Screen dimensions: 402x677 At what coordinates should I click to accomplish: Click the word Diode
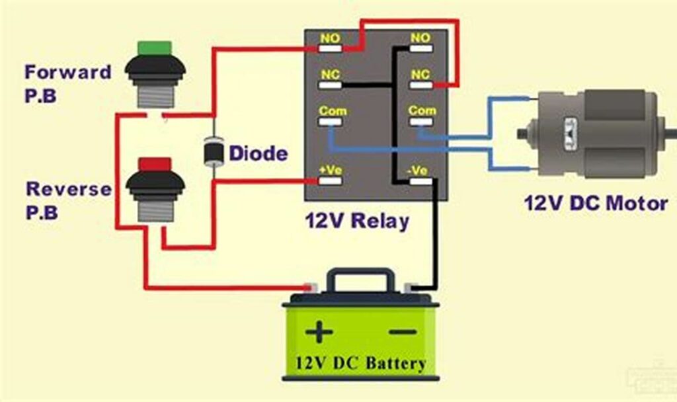tap(259, 154)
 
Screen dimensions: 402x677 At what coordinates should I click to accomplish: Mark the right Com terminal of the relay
tap(422, 110)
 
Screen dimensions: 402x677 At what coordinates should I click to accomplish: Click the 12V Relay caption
tap(356, 220)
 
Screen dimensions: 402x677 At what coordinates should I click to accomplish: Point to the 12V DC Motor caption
tap(596, 203)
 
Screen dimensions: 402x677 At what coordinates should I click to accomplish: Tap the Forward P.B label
tap(67, 83)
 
